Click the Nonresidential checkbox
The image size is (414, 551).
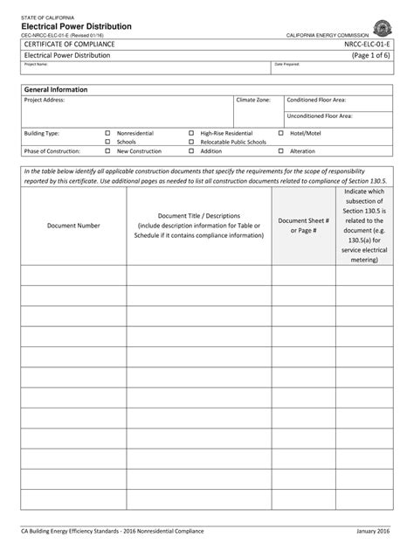[107, 133]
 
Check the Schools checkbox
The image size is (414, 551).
[107, 141]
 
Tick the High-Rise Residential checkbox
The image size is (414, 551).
[191, 133]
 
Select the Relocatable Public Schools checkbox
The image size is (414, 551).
[191, 141]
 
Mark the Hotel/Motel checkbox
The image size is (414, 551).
[281, 133]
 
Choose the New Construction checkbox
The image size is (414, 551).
[107, 150]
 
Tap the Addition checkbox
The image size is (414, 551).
[191, 150]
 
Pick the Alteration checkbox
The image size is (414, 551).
[281, 150]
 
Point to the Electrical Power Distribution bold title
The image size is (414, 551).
[77, 26]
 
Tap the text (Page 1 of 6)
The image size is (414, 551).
[372, 55]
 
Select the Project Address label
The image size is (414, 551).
[45, 101]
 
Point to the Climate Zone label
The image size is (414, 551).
[253, 101]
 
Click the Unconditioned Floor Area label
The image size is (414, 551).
[320, 115]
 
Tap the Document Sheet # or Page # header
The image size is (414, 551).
[303, 225]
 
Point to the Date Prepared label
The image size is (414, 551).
[287, 65]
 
